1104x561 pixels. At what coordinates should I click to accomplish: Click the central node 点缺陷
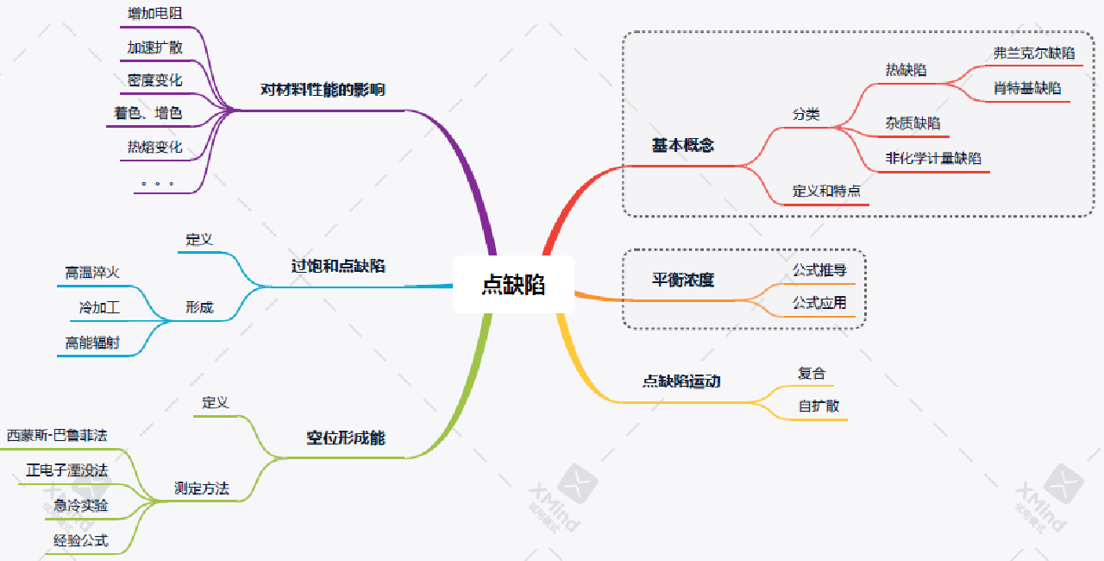pyautogui.click(x=513, y=285)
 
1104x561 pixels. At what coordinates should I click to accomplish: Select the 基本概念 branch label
pyautogui.click(x=682, y=145)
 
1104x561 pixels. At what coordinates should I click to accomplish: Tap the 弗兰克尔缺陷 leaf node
pyautogui.click(x=1034, y=54)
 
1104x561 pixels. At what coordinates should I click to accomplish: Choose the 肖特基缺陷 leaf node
pyautogui.click(x=1027, y=89)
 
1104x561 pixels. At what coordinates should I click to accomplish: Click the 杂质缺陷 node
pyautogui.click(x=913, y=123)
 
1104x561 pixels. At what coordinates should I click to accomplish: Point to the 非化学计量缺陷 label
pyautogui.click(x=933, y=159)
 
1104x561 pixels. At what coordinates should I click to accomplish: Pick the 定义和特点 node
pyautogui.click(x=826, y=191)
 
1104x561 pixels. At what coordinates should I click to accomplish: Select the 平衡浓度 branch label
pyautogui.click(x=682, y=280)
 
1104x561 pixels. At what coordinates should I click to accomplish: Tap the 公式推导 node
pyautogui.click(x=819, y=270)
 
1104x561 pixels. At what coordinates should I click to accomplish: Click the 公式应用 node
pyautogui.click(x=819, y=303)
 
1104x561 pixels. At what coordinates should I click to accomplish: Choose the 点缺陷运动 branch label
pyautogui.click(x=681, y=381)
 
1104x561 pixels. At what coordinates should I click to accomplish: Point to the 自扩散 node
pyautogui.click(x=819, y=406)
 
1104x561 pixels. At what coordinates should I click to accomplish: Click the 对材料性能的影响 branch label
pyautogui.click(x=323, y=90)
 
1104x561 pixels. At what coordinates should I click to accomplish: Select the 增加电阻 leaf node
pyautogui.click(x=155, y=14)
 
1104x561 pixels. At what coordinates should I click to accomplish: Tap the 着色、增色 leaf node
pyautogui.click(x=148, y=113)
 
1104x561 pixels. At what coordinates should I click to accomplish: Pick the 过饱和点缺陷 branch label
pyautogui.click(x=338, y=267)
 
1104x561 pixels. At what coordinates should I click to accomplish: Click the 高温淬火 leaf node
pyautogui.click(x=92, y=274)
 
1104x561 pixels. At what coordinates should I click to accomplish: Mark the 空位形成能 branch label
pyautogui.click(x=346, y=438)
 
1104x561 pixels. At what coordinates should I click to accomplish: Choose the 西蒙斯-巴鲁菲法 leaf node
pyautogui.click(x=57, y=435)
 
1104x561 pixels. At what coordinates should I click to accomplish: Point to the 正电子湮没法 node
pyautogui.click(x=67, y=470)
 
